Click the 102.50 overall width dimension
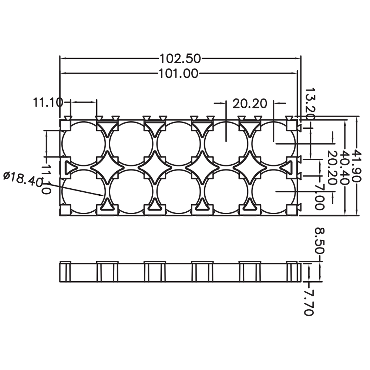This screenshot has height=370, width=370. point(180,59)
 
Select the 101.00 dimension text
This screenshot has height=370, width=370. point(178,74)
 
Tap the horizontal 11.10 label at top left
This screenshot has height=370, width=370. point(48,103)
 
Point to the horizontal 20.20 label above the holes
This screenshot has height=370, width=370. point(250,104)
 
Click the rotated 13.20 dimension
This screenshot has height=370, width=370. point(310,104)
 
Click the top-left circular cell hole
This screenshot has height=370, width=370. point(84,144)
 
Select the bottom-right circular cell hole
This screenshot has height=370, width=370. point(274,191)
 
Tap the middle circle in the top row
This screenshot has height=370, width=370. point(179,144)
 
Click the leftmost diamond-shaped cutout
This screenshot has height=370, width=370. point(107,168)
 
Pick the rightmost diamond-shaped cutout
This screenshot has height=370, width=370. point(250,168)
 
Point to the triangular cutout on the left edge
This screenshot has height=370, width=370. point(70,168)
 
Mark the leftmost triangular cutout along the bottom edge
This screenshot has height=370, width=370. point(107,204)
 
